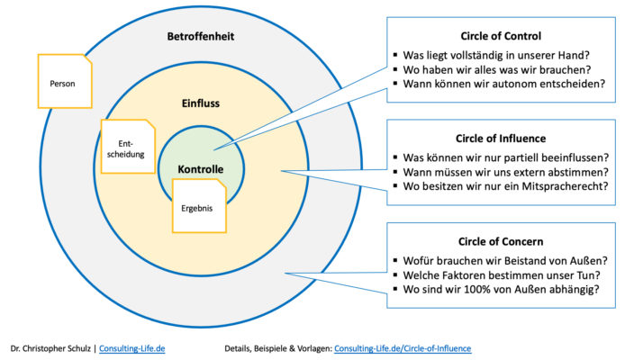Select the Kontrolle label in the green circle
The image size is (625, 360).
[200, 169]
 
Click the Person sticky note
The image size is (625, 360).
[64, 84]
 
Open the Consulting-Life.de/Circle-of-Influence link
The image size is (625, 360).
[403, 347]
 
